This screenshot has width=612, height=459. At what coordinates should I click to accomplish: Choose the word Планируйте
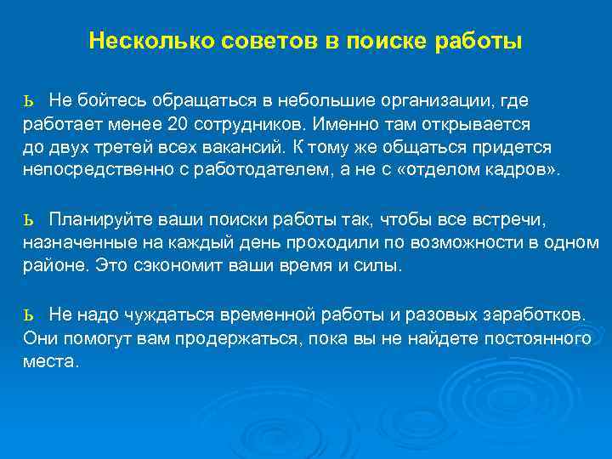(x=96, y=220)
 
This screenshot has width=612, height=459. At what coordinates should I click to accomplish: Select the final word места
(x=49, y=360)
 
